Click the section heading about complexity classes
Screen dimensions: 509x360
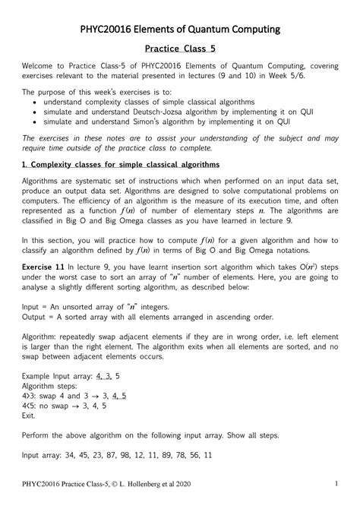(121, 164)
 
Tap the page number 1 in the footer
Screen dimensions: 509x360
(334, 485)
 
